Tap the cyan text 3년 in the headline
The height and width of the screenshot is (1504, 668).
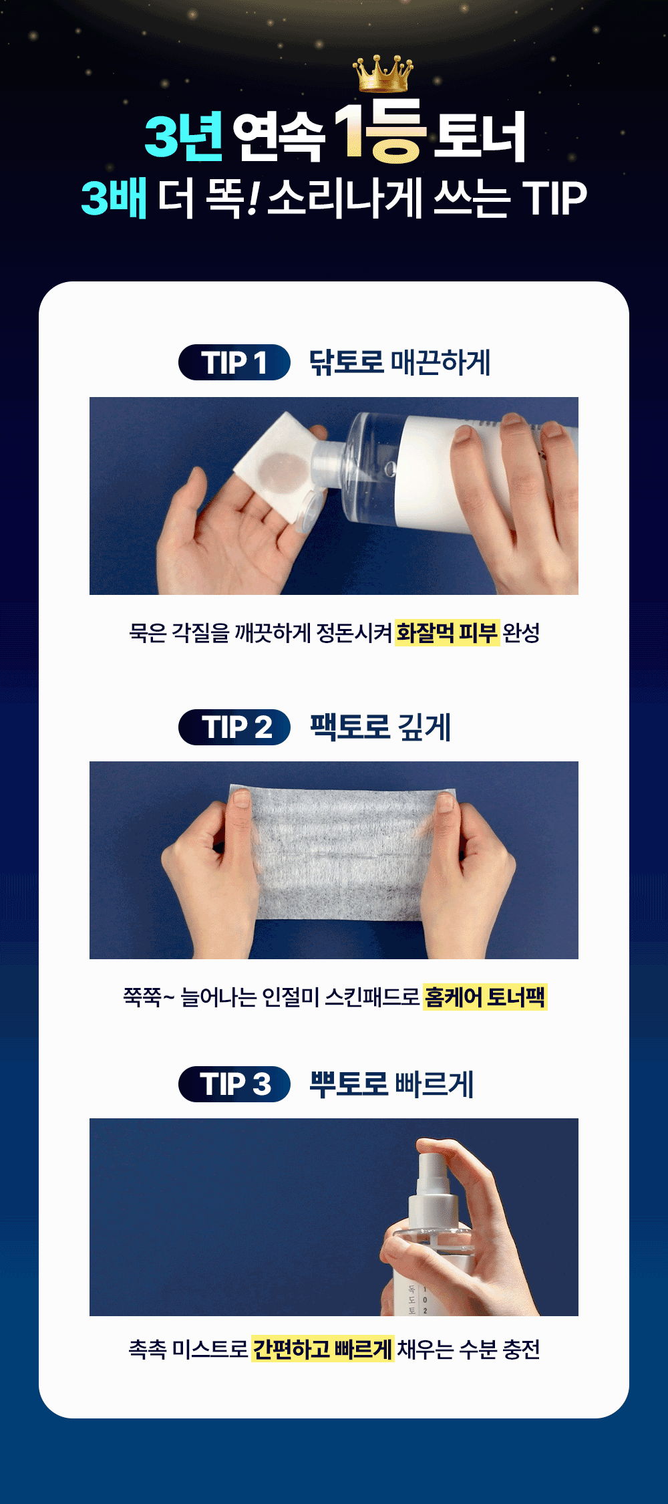point(184,136)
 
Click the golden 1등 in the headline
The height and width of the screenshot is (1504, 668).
point(379,131)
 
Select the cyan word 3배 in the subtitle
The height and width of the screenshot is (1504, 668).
point(114,198)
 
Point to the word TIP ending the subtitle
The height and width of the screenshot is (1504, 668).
point(554,199)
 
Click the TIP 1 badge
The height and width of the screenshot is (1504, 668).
point(234,362)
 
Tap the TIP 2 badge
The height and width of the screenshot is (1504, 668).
point(234,727)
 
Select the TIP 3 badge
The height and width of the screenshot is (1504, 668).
point(234,1084)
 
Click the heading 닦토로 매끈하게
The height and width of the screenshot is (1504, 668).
point(399,362)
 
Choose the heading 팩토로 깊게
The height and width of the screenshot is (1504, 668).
point(381,727)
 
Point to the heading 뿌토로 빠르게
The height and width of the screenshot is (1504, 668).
point(391,1084)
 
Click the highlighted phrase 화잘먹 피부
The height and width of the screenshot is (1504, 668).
point(447,632)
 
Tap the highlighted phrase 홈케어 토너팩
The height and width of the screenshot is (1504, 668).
point(485,997)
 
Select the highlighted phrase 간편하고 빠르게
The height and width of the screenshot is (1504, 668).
point(323,1349)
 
